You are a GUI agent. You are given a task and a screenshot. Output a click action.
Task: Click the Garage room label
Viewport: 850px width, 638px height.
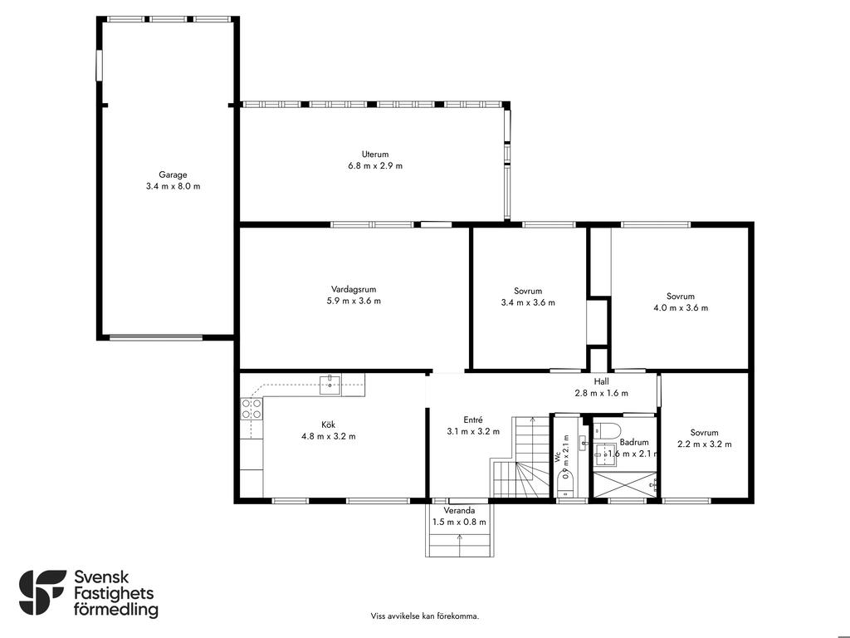pyautogui.click(x=173, y=174)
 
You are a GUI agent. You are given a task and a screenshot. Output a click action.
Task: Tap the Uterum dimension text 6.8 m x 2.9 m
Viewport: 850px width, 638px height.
pyautogui.click(x=375, y=166)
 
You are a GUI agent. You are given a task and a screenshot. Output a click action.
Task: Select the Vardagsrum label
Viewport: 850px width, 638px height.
pyautogui.click(x=354, y=290)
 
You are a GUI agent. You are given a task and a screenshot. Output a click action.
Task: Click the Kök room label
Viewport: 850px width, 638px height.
pyautogui.click(x=329, y=425)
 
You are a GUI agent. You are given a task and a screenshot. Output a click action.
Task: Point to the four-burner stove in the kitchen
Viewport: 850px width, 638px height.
pyautogui.click(x=252, y=409)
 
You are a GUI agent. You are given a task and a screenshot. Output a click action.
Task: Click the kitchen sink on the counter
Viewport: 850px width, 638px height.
pyautogui.click(x=330, y=384)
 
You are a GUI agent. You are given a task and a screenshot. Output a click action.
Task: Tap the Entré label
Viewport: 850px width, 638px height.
pyautogui.click(x=472, y=420)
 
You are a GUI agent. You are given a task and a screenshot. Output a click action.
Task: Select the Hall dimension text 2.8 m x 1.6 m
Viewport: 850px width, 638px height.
pyautogui.click(x=601, y=393)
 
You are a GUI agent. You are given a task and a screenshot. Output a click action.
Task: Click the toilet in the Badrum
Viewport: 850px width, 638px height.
pyautogui.click(x=607, y=430)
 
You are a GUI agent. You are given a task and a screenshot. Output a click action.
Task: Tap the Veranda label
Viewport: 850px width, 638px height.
pyautogui.click(x=459, y=511)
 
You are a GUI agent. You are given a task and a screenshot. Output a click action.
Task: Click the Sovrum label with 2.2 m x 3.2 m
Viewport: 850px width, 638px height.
pyautogui.click(x=704, y=432)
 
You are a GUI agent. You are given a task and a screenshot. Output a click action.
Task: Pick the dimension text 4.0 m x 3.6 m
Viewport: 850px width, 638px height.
pyautogui.click(x=681, y=308)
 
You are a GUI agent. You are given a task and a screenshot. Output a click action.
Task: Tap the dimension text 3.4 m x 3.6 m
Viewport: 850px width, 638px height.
pyautogui.click(x=528, y=302)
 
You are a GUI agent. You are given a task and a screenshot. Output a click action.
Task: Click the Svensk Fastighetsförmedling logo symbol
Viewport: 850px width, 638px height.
pyautogui.click(x=42, y=592)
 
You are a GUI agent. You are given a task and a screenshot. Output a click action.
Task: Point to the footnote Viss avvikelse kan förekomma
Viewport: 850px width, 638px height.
pyautogui.click(x=425, y=616)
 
